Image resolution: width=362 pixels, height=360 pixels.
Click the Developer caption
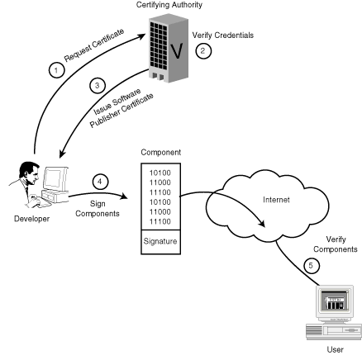tap(32, 219)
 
